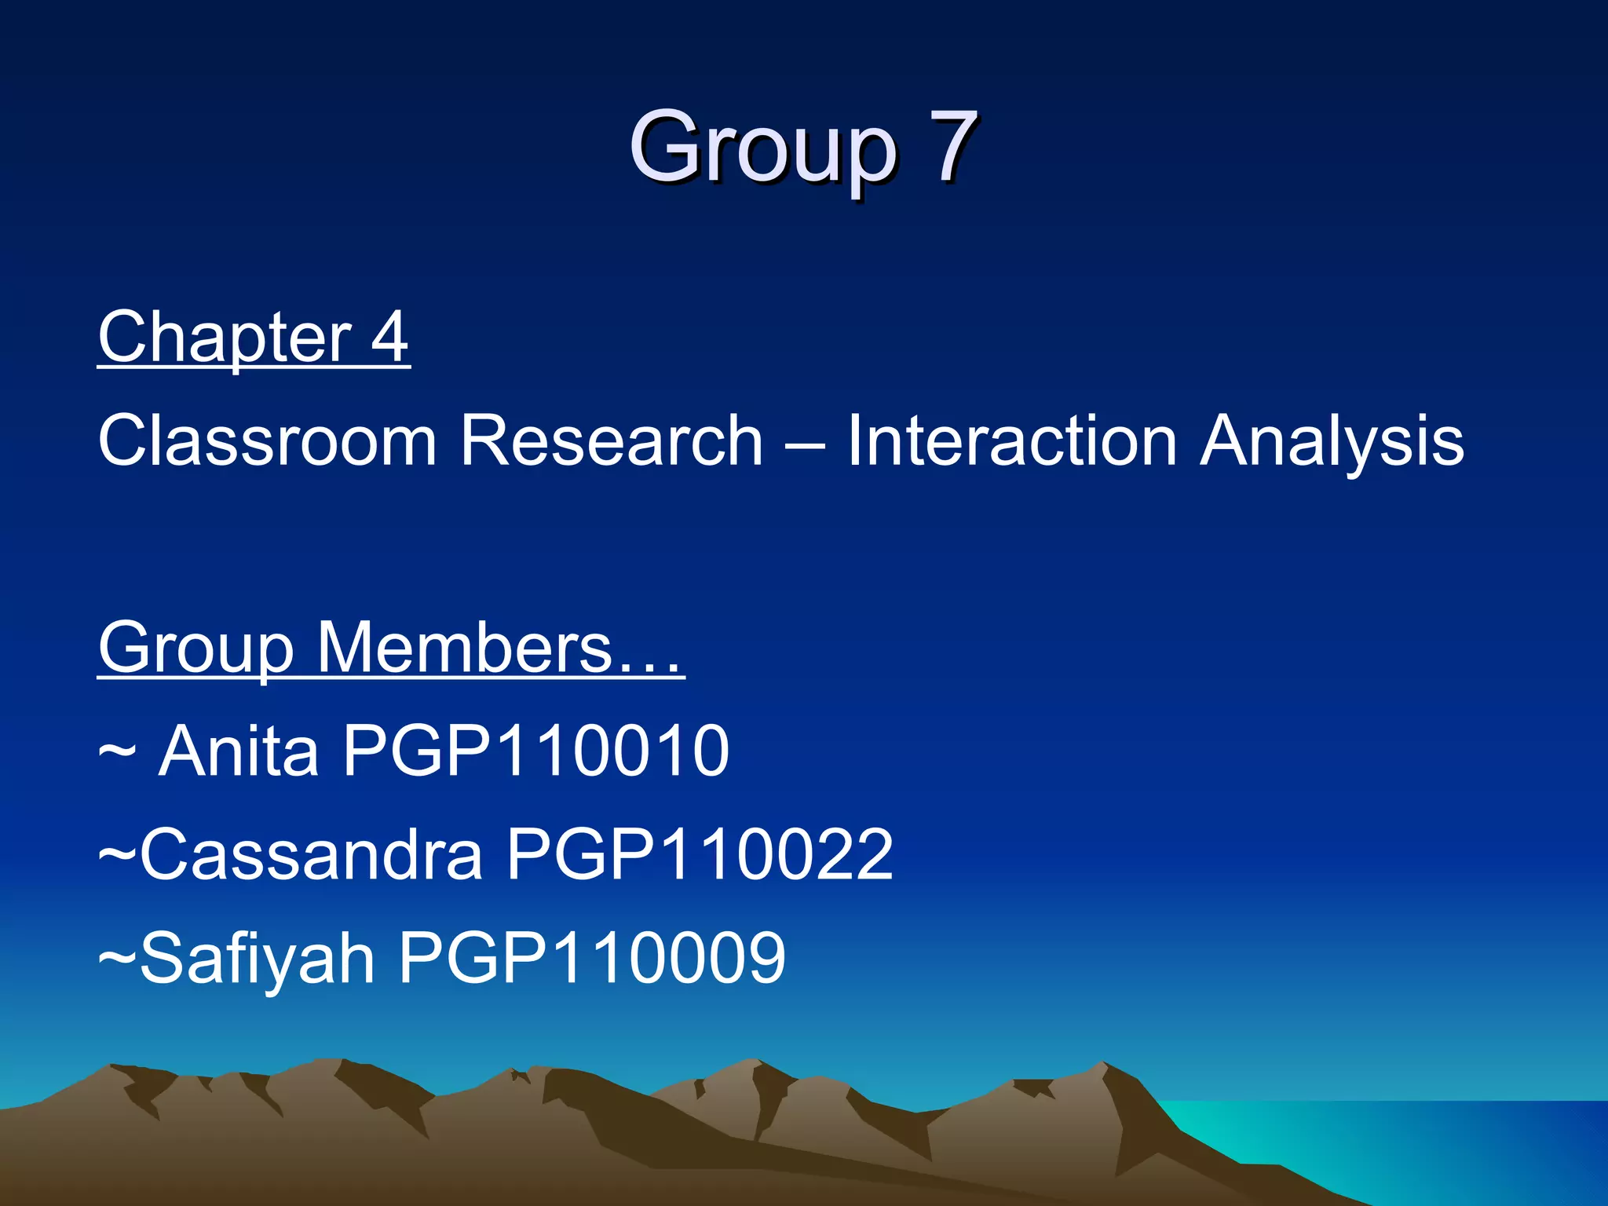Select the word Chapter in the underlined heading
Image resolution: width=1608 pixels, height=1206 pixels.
click(x=225, y=338)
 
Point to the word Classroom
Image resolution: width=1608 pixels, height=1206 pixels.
click(x=267, y=441)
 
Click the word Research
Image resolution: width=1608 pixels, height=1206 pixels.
click(x=611, y=441)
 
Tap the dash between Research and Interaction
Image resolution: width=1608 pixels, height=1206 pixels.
click(x=804, y=444)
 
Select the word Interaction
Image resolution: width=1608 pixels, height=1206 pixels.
click(x=1011, y=441)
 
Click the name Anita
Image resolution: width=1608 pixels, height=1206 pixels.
click(x=239, y=751)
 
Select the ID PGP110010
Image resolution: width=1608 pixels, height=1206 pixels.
click(x=536, y=751)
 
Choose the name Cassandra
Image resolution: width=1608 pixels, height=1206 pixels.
click(x=311, y=855)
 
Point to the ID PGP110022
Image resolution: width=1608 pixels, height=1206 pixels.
click(x=699, y=855)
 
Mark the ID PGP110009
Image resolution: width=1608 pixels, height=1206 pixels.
click(x=592, y=958)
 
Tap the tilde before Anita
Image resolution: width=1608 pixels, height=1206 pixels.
click(x=117, y=752)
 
